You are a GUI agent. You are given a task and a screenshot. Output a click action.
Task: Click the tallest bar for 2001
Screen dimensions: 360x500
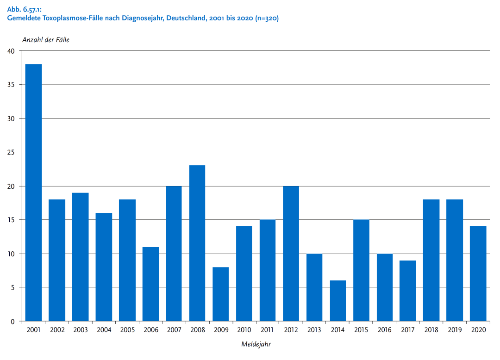(33, 192)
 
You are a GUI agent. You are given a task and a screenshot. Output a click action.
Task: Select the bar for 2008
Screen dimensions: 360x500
(197, 243)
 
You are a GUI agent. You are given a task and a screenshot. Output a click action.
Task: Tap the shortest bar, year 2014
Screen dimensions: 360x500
(338, 301)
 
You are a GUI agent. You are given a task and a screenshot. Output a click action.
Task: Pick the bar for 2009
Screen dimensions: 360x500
(221, 294)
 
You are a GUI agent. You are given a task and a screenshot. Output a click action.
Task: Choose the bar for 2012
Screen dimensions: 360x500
(291, 254)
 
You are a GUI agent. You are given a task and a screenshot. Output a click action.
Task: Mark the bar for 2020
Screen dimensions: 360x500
(478, 273)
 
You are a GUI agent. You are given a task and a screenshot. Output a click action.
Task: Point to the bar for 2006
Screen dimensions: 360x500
(150, 284)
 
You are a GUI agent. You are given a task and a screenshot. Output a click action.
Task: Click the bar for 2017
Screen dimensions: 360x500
(408, 291)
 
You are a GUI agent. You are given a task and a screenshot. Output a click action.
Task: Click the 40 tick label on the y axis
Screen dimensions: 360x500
(11, 51)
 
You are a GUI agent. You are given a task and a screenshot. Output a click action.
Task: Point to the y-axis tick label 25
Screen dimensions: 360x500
(11, 152)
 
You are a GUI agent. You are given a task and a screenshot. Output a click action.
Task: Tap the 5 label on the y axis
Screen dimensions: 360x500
(13, 287)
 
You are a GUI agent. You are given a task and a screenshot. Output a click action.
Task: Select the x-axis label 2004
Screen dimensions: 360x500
(104, 330)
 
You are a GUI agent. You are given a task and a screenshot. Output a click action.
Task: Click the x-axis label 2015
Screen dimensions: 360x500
(361, 330)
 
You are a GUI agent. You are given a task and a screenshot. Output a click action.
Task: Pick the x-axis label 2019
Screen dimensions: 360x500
(455, 330)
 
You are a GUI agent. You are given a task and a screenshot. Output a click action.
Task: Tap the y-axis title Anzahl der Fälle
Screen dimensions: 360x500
(46, 40)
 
